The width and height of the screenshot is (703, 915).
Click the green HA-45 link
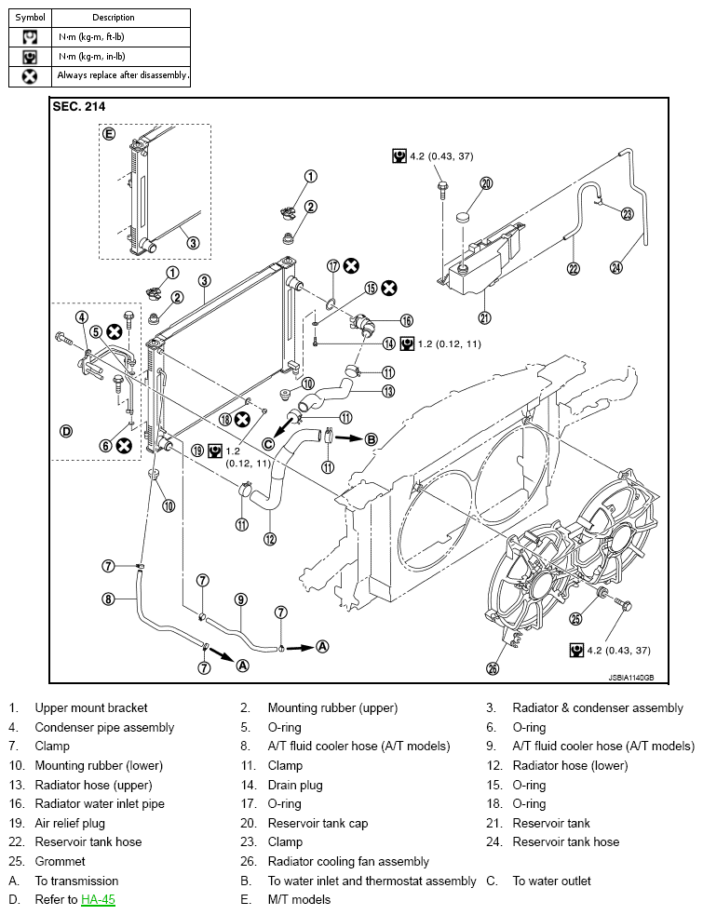point(98,899)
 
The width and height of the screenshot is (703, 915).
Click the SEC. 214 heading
point(79,107)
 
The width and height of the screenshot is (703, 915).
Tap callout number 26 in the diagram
point(493,668)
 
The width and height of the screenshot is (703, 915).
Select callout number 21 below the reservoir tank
point(484,317)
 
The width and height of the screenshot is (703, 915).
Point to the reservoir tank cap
point(463,218)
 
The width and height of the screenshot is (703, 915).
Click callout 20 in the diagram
point(486,183)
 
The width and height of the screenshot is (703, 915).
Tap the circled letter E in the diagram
point(109,134)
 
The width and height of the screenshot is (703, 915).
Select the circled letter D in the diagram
point(66,431)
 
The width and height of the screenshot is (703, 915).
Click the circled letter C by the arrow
point(268,444)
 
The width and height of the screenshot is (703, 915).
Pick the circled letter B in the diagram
point(372,439)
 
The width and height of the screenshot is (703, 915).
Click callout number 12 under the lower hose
point(270,539)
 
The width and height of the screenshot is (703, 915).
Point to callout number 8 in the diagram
point(108,599)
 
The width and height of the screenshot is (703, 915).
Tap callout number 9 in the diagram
point(240,599)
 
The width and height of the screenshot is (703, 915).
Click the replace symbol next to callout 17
point(351,266)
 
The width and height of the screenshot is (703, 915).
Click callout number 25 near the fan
point(575,618)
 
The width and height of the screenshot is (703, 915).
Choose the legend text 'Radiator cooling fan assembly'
point(348,861)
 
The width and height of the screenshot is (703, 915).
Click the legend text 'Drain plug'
point(295,785)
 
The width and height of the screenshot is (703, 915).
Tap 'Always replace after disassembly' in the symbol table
point(122,75)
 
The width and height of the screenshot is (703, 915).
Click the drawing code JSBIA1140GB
point(631,678)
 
